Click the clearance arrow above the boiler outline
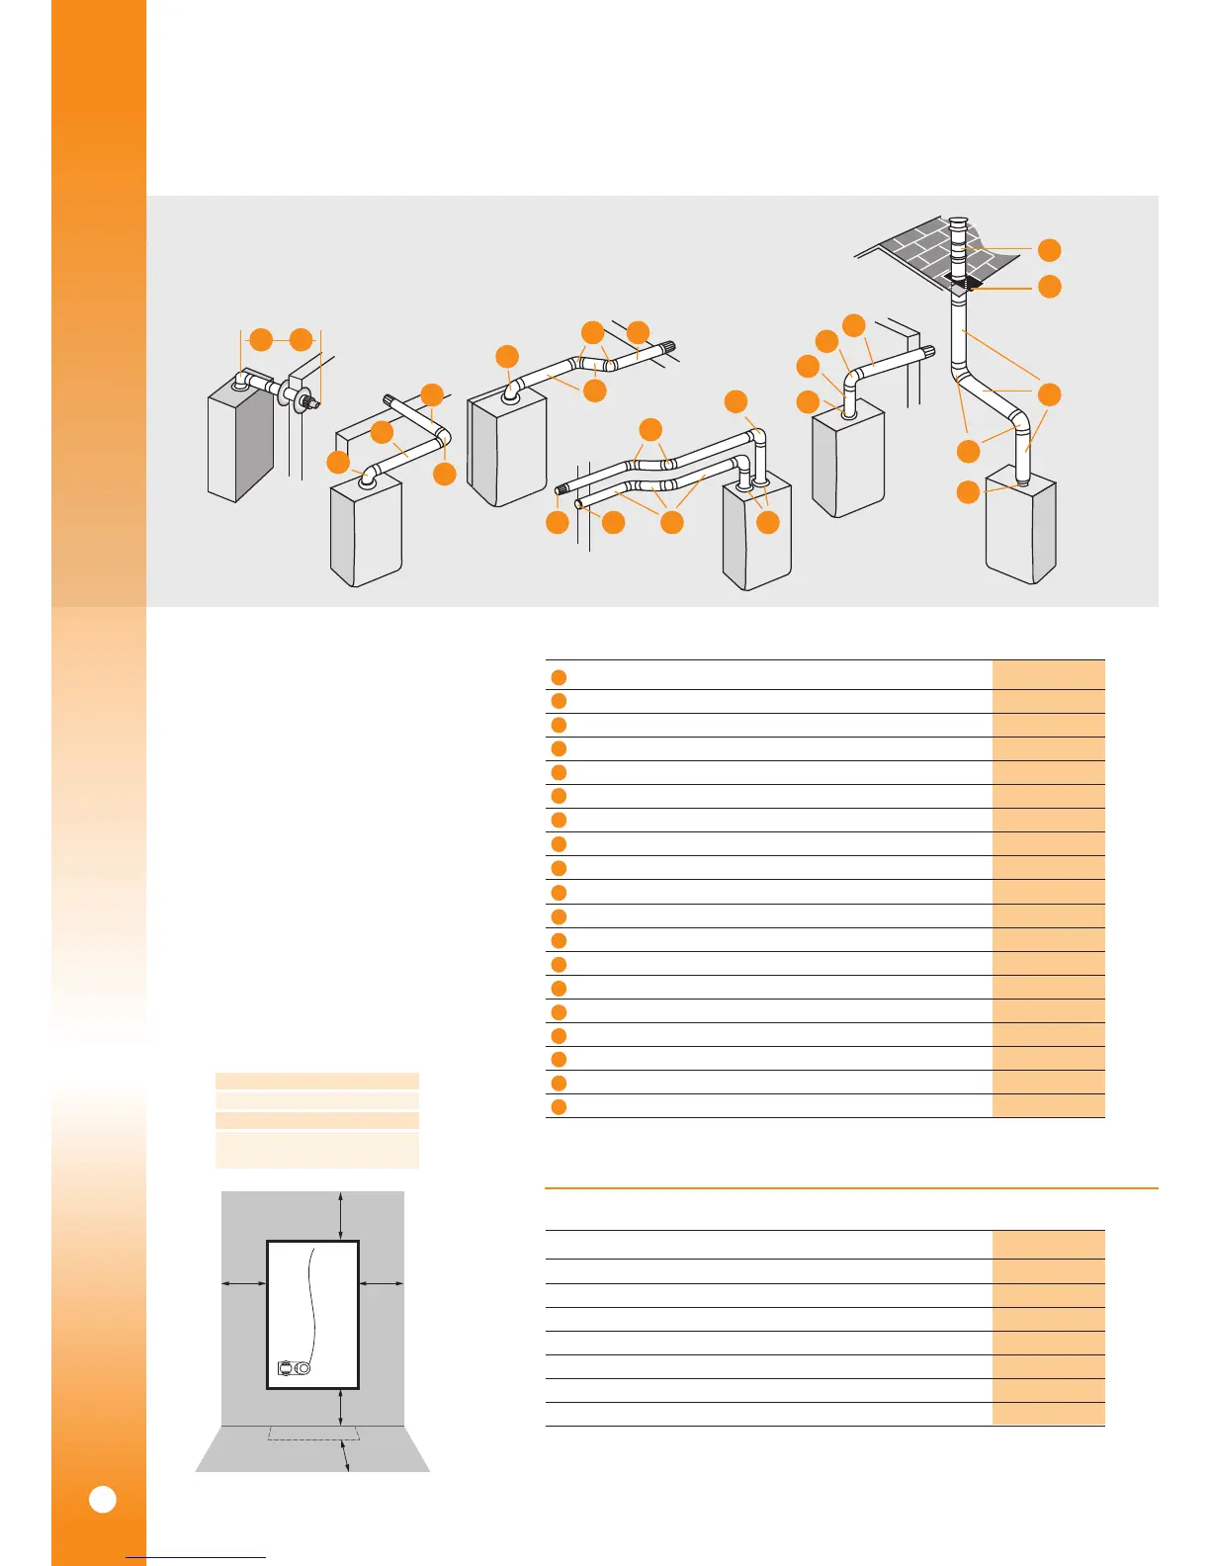click(341, 1215)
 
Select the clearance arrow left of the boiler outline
click(243, 1283)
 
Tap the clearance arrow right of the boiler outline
click(382, 1283)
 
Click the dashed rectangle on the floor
click(313, 1433)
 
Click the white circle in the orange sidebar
click(103, 1499)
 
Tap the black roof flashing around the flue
click(964, 284)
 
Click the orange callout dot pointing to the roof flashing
click(1050, 287)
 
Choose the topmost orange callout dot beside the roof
click(1050, 250)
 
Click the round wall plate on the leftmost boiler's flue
click(295, 395)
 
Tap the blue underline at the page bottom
click(196, 1558)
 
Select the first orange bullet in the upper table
click(559, 677)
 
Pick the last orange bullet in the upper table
click(559, 1106)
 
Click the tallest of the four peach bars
click(316, 1151)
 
